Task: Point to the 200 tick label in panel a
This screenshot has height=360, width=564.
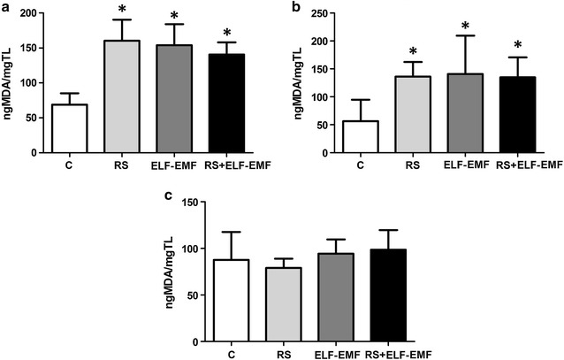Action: [29, 14]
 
